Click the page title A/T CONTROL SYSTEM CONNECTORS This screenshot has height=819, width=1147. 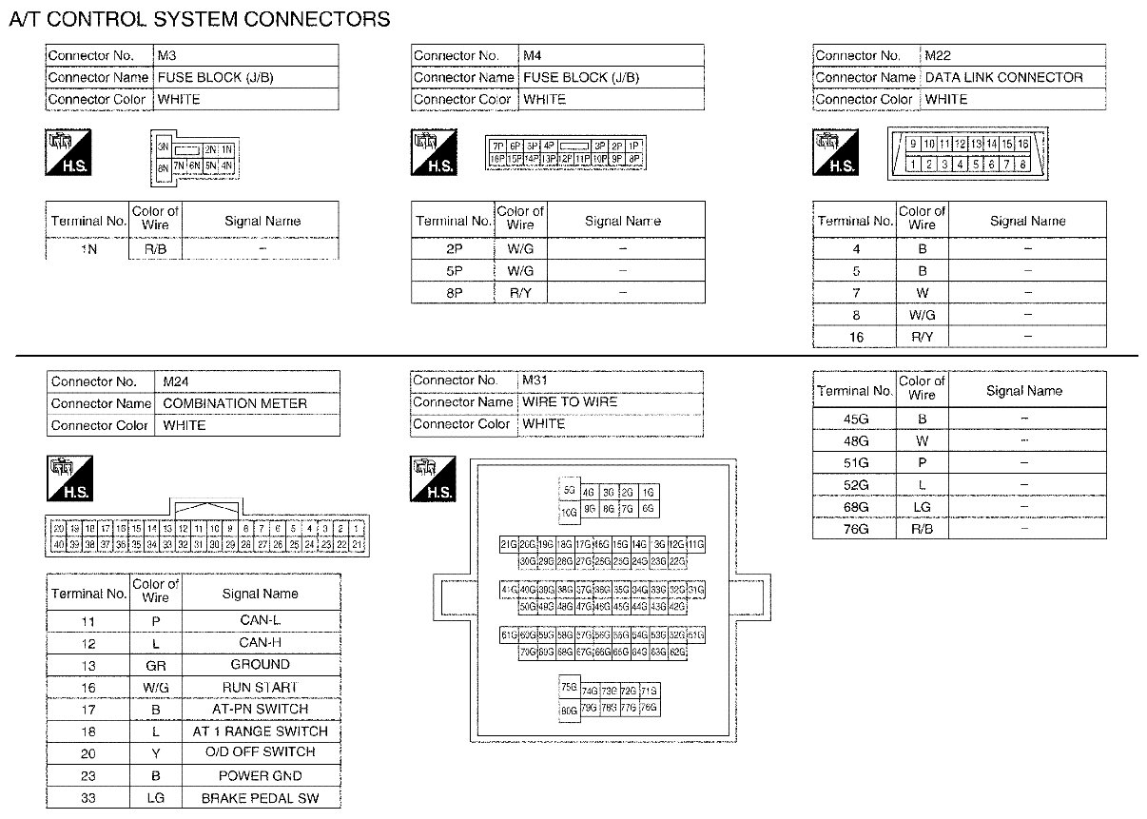(x=199, y=19)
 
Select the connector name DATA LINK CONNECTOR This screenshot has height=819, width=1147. (x=1003, y=77)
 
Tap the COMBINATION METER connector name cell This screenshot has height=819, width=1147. (x=235, y=403)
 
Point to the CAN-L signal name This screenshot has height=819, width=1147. (x=260, y=621)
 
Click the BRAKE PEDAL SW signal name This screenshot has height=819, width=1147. (x=260, y=798)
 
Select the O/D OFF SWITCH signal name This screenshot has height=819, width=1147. (x=260, y=751)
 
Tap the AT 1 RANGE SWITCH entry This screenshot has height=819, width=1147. (x=260, y=731)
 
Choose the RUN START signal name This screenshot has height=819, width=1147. (x=260, y=687)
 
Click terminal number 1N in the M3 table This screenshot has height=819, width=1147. (x=88, y=249)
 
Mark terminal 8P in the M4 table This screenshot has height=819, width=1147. (x=453, y=293)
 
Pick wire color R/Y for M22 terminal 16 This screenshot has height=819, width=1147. (x=922, y=337)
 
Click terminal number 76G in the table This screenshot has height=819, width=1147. (x=855, y=528)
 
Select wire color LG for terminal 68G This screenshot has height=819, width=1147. (x=922, y=506)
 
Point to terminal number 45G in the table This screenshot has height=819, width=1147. (x=855, y=419)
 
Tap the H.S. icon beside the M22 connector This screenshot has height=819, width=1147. (x=837, y=153)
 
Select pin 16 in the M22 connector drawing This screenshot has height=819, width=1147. (x=1023, y=144)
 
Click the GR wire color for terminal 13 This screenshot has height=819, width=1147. (x=155, y=665)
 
